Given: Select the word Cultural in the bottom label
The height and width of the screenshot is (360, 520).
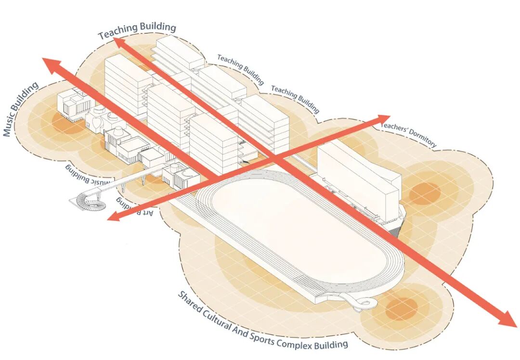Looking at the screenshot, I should coord(219,320).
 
